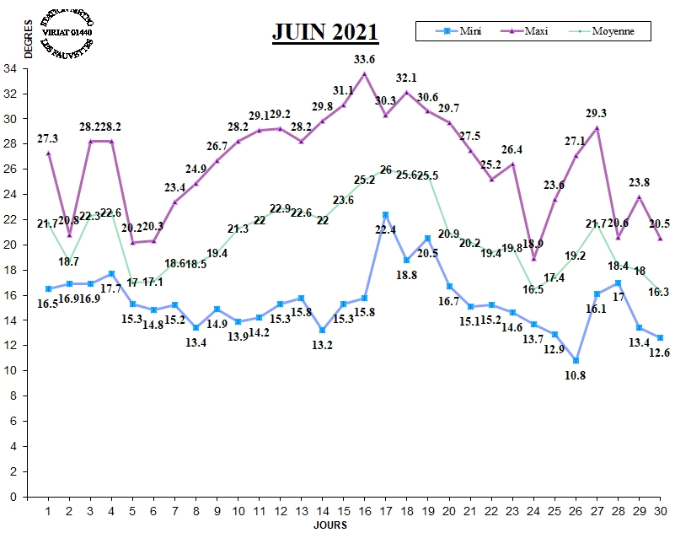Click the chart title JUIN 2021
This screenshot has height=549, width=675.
point(325,32)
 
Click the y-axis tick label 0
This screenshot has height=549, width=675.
point(12,498)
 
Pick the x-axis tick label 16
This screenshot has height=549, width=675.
point(364,512)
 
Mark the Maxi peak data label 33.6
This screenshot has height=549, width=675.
point(364,59)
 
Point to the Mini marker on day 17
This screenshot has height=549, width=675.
point(385,215)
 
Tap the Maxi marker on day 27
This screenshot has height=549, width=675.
point(597,128)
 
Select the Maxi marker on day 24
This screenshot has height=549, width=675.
point(533,259)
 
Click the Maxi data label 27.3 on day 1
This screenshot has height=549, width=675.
point(48,138)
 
